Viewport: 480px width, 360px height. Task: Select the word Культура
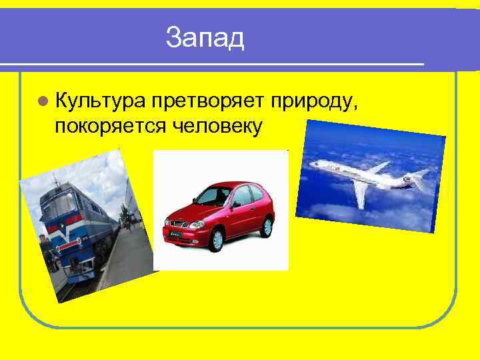(99, 101)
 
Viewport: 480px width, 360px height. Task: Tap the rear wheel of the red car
(267, 227)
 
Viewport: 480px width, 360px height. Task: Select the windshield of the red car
(212, 196)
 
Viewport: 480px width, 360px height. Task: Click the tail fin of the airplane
(420, 177)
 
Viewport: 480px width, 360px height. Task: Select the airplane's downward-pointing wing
(360, 194)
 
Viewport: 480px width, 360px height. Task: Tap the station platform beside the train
(127, 253)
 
